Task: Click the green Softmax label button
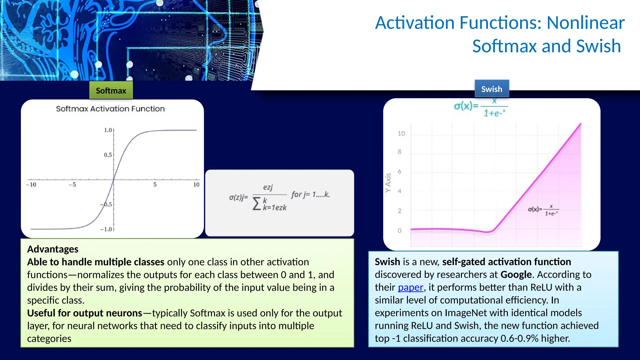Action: (x=111, y=91)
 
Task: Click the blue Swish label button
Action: (x=492, y=89)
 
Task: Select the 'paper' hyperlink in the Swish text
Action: (x=410, y=287)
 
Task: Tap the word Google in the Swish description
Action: (x=516, y=274)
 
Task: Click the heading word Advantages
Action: (x=52, y=249)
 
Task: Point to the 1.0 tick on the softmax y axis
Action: (x=108, y=130)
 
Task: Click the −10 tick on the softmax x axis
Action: (x=31, y=185)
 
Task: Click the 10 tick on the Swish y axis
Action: (x=401, y=133)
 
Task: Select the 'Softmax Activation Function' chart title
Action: (x=110, y=109)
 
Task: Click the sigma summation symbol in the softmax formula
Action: (x=257, y=204)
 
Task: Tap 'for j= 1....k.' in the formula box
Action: (x=310, y=194)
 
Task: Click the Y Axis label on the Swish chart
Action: (x=388, y=183)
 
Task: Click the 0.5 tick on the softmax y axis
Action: (x=108, y=155)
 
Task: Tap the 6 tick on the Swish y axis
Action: (x=399, y=172)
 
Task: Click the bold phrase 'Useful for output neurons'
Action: (x=84, y=313)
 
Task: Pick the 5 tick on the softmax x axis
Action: (x=155, y=185)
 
